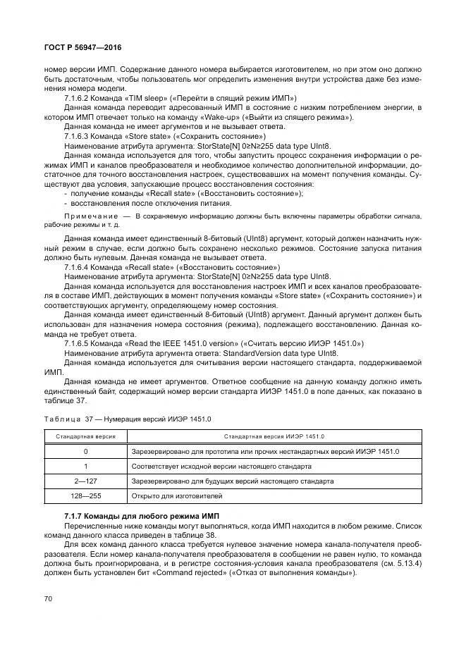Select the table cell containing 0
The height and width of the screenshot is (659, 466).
point(85,451)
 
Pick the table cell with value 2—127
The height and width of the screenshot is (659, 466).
point(85,481)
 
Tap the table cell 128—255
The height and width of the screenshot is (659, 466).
point(85,495)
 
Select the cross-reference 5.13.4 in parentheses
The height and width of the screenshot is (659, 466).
point(408,564)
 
